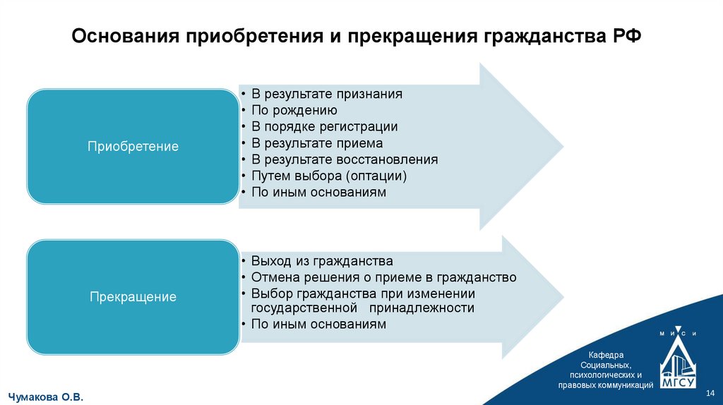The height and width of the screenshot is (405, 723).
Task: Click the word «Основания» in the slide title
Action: tap(126, 36)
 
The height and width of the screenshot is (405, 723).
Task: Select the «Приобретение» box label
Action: tap(133, 147)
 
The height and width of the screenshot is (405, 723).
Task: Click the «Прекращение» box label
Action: tap(133, 297)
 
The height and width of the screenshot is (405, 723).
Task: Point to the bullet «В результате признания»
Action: tap(327, 94)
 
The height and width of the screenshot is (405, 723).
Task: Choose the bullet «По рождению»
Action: tap(294, 111)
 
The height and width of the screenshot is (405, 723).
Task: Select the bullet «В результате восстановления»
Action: tap(345, 159)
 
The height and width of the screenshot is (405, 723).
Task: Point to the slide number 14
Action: tap(710, 392)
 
